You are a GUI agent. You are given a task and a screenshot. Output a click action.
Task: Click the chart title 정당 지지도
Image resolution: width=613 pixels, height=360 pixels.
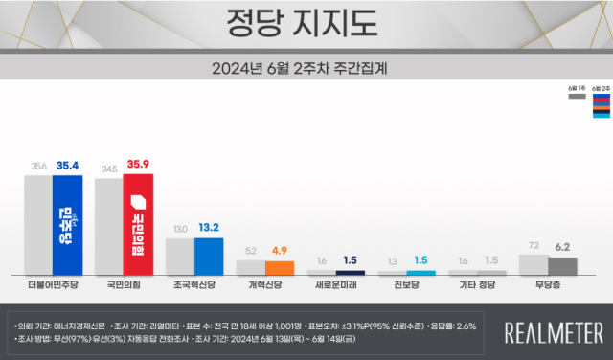306,21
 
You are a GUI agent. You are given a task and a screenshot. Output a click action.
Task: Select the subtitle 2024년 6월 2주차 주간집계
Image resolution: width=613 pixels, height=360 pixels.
306,68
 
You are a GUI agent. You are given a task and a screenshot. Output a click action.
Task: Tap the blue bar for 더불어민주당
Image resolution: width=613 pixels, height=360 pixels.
67,226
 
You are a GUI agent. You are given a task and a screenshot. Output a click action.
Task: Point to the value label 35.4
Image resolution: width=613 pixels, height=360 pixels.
69,166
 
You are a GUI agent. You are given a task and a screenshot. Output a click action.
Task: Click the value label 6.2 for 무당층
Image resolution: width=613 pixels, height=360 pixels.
564,246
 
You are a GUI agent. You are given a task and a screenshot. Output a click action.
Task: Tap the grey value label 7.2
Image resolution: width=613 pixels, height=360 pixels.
534,246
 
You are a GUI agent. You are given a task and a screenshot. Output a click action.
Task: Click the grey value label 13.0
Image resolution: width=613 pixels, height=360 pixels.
179,229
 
